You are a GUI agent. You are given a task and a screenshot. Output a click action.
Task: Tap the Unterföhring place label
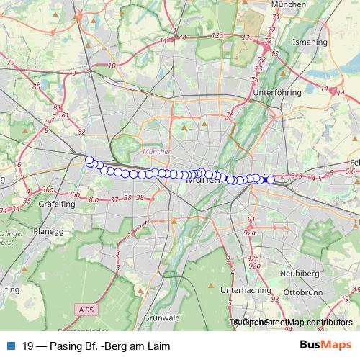[277, 93]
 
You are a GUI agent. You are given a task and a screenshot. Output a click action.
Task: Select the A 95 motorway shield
[86, 310]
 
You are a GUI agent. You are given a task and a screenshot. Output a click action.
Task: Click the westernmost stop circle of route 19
[89, 161]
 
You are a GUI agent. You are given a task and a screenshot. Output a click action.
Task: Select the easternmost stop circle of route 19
[271, 180]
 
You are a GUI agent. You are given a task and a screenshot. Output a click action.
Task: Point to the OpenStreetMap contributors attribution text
[297, 323]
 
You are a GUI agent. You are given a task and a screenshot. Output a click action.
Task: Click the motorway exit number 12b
[248, 37]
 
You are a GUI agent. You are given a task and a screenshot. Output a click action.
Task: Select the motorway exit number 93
[274, 299]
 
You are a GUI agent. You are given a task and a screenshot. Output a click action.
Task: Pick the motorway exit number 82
[81, 132]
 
